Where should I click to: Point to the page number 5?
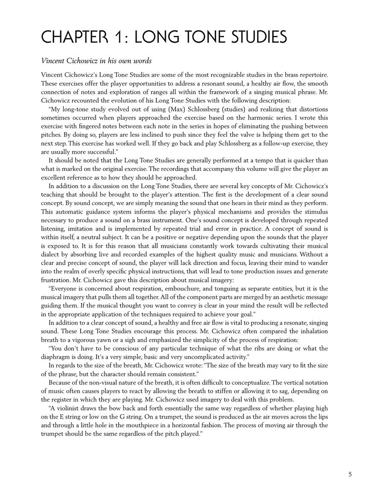click(x=350, y=474)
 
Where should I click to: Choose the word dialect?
click(x=51, y=255)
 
